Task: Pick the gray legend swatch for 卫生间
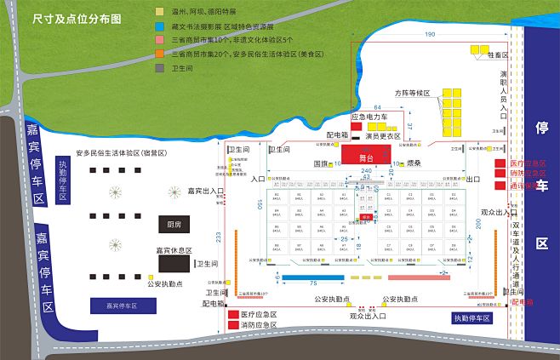(x=160, y=66)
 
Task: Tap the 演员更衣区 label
(x=383, y=136)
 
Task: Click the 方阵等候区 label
(x=413, y=92)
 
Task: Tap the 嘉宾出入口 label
(x=205, y=191)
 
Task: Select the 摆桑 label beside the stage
(x=413, y=162)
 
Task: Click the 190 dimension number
(x=429, y=35)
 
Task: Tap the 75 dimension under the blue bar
(x=313, y=283)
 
